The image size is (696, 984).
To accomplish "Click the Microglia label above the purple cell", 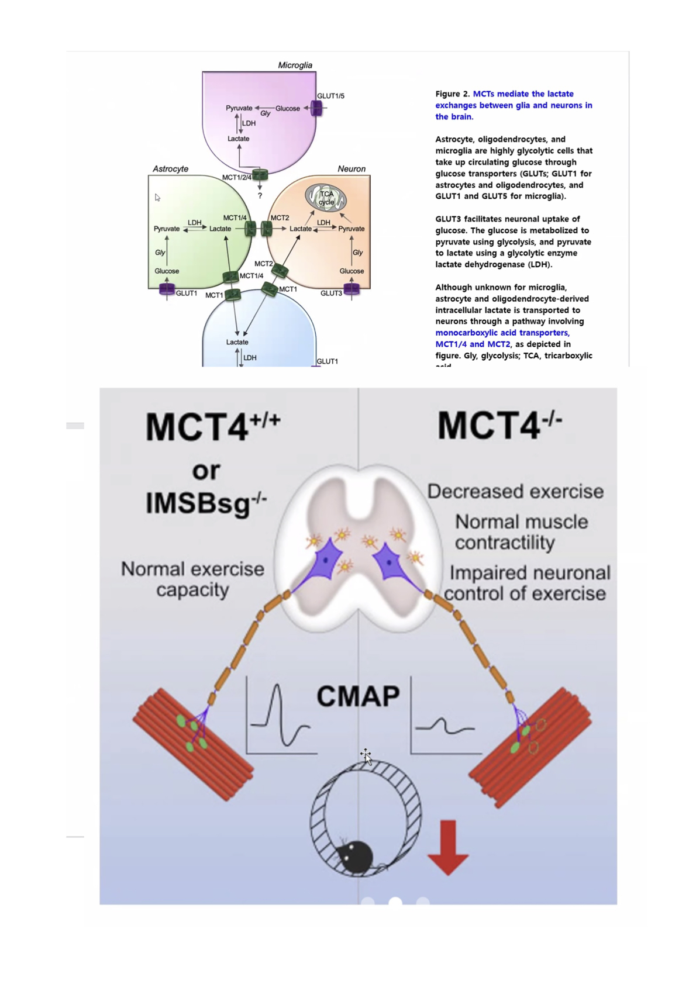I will click(x=295, y=65).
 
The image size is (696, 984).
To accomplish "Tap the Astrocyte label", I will click(x=170, y=168).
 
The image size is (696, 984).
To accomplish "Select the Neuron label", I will click(x=351, y=168).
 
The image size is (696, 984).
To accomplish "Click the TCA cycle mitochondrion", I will click(x=326, y=198).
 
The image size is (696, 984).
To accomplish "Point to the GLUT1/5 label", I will click(x=330, y=95).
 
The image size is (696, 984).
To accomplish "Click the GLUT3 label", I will click(x=331, y=293).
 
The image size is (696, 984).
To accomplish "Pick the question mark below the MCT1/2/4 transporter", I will click(x=260, y=195).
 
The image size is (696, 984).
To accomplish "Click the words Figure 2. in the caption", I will click(x=452, y=94).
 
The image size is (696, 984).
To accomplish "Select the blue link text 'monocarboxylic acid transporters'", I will click(x=501, y=333).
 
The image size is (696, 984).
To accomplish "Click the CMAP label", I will click(x=358, y=696).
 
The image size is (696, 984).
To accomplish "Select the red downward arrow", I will click(x=447, y=847).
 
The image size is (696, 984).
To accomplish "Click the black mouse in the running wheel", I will click(x=355, y=857).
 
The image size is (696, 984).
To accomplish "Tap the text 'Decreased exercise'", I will click(x=515, y=491).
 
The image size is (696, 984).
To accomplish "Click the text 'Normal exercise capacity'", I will click(x=192, y=579).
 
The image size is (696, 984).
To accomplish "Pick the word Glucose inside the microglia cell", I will click(x=287, y=108).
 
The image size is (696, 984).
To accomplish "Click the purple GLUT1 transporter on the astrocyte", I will click(x=167, y=289).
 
